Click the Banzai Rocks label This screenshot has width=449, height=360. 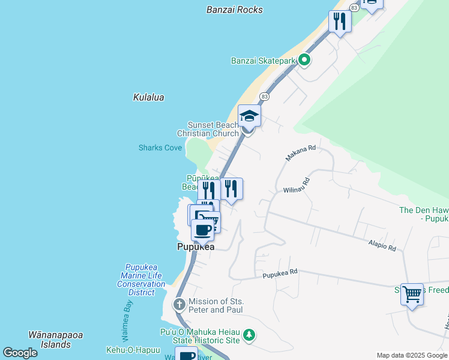tap(234, 10)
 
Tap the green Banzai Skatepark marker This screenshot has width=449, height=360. tap(304, 60)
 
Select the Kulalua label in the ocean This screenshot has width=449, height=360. tap(148, 97)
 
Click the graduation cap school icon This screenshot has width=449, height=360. tap(249, 116)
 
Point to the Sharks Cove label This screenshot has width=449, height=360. tap(160, 148)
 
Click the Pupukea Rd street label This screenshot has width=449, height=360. tap(280, 273)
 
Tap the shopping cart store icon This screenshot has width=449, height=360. tap(412, 294)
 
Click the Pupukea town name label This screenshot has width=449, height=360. tap(196, 247)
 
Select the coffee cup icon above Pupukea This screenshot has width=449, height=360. tap(203, 230)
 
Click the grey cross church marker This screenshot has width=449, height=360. tap(179, 305)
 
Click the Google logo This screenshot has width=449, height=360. tap(20, 352)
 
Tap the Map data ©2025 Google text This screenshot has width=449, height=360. tap(411, 355)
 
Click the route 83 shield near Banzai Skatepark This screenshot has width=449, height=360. tap(264, 97)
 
